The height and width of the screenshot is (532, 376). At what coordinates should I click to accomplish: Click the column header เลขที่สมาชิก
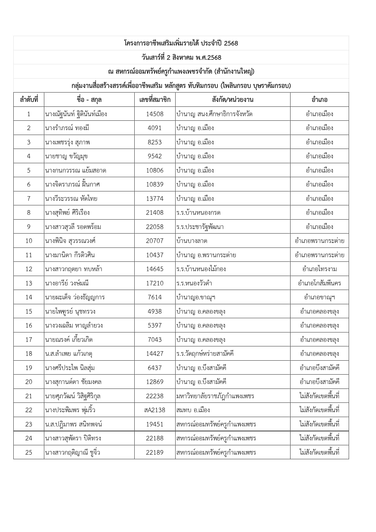pyautogui.click(x=155, y=99)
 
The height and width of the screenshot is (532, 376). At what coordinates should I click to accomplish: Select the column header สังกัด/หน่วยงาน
pyautogui.click(x=233, y=99)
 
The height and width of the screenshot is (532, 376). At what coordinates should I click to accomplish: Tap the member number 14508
pyautogui.click(x=155, y=114)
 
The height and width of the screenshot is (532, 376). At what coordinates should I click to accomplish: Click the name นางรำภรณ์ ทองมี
pyautogui.click(x=67, y=128)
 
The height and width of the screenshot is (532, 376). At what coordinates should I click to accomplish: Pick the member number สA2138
pyautogui.click(x=155, y=410)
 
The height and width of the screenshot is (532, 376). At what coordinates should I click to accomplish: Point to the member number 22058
pyautogui.click(x=155, y=227)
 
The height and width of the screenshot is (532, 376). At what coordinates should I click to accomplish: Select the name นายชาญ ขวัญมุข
pyautogui.click(x=66, y=156)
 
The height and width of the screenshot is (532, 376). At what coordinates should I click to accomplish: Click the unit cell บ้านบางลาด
pyautogui.click(x=192, y=241)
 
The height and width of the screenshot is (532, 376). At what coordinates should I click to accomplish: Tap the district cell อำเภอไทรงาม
pyautogui.click(x=319, y=269)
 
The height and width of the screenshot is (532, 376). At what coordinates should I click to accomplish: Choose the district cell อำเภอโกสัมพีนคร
pyautogui.click(x=319, y=283)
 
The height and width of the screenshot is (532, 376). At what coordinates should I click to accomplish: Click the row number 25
pyautogui.click(x=29, y=453)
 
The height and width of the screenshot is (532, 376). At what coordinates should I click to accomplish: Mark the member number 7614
pyautogui.click(x=155, y=297)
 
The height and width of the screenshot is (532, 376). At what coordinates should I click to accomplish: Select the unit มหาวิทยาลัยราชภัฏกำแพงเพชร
pyautogui.click(x=215, y=396)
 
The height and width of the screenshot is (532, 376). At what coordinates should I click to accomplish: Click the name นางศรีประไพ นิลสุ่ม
pyautogui.click(x=70, y=368)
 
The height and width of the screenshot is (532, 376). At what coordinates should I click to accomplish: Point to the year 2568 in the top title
pyautogui.click(x=231, y=43)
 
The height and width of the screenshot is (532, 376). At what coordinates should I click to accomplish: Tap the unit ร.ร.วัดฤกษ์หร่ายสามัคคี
pyautogui.click(x=205, y=354)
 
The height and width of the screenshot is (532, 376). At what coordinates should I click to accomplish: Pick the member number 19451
pyautogui.click(x=155, y=424)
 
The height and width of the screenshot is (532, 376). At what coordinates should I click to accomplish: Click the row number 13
pyautogui.click(x=29, y=283)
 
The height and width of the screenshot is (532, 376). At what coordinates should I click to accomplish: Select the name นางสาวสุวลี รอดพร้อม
pyautogui.click(x=73, y=227)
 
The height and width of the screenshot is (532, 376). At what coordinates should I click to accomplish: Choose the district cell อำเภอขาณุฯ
pyautogui.click(x=319, y=297)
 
